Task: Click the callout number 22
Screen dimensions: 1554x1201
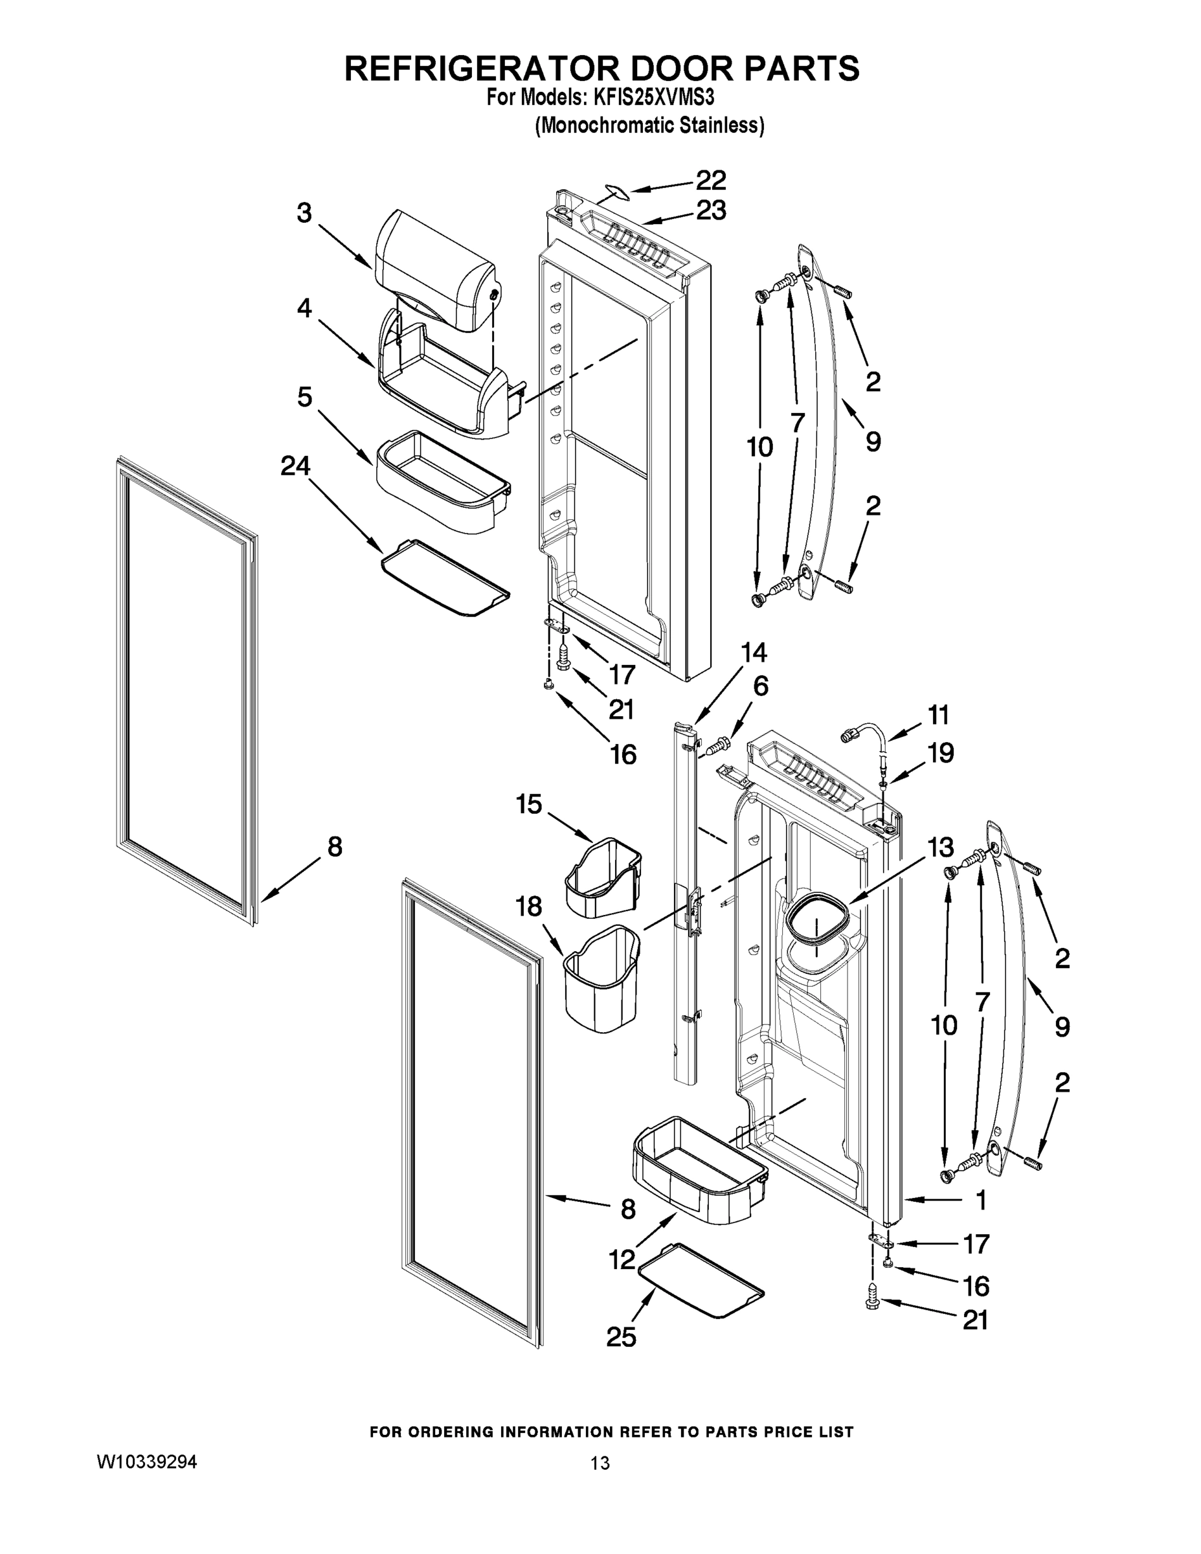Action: [710, 180]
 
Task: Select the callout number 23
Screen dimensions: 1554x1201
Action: [710, 210]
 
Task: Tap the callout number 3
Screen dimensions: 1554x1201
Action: [304, 212]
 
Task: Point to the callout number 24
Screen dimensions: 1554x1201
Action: [295, 466]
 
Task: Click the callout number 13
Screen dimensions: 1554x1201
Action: [939, 848]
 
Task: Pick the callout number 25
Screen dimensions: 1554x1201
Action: [620, 1338]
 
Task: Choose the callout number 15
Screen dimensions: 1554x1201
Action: [529, 805]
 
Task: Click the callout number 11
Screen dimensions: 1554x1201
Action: [938, 714]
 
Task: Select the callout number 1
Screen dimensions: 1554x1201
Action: [981, 1200]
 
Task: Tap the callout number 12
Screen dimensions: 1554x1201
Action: [621, 1259]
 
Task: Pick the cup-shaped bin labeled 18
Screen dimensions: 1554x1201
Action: [602, 978]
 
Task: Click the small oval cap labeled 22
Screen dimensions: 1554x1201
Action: [614, 191]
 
